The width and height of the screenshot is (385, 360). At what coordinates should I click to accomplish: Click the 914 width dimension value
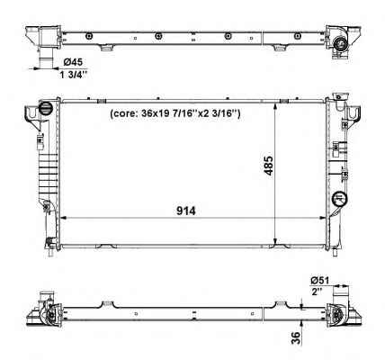pyautogui.click(x=186, y=211)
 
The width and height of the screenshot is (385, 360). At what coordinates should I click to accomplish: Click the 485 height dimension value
pyautogui.click(x=268, y=166)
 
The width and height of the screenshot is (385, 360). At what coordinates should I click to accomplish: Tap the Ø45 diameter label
pyautogui.click(x=73, y=62)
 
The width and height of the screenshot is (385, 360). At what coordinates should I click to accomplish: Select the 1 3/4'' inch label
pyautogui.click(x=74, y=75)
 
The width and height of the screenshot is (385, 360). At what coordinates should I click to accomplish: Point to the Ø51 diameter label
pyautogui.click(x=320, y=281)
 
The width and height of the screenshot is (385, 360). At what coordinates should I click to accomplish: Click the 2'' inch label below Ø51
pyautogui.click(x=317, y=292)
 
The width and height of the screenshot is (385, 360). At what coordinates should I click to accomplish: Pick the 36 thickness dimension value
pyautogui.click(x=296, y=338)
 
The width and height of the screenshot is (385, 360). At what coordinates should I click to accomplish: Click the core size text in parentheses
pyautogui.click(x=175, y=113)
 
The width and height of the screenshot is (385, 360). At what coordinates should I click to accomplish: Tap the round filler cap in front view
pyautogui.click(x=46, y=108)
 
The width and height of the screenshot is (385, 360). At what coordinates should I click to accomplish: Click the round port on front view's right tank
pyautogui.click(x=339, y=199)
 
